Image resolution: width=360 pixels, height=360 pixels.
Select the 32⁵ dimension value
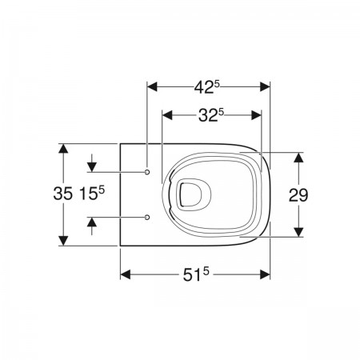coord(210,115)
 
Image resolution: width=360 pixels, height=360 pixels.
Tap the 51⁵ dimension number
coord(195,274)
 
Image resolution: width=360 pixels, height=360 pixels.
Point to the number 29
coord(298,195)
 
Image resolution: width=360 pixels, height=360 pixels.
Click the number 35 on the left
coord(63,194)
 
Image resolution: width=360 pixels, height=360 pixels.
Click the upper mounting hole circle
coord(147,172)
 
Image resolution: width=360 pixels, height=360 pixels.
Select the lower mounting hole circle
coord(147,217)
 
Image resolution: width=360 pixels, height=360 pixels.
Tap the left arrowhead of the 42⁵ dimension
coord(152,87)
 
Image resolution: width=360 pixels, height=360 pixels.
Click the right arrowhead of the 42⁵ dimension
coord(265,87)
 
